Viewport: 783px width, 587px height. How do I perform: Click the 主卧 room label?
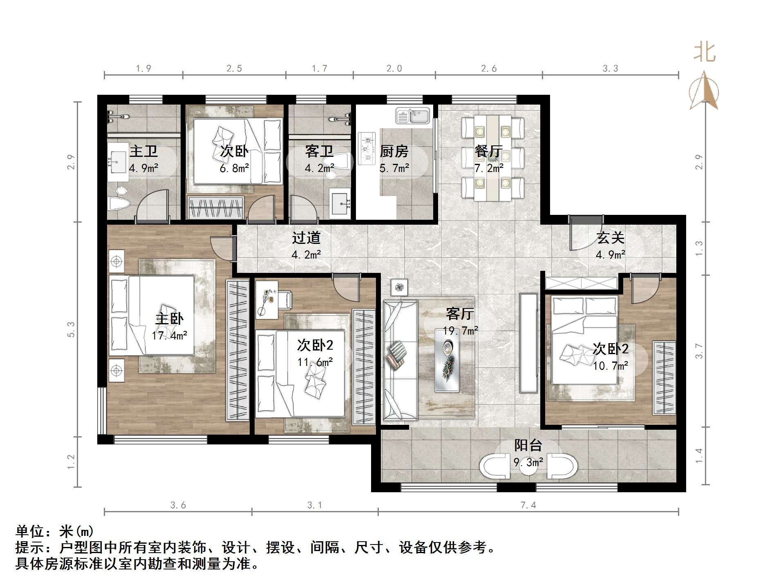169,319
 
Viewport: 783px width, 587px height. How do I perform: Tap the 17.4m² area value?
169,336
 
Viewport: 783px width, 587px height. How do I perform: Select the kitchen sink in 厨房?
412,116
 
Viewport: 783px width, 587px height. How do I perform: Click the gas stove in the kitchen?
367,148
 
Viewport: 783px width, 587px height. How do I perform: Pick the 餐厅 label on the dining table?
488,151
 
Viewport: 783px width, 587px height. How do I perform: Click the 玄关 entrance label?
610,237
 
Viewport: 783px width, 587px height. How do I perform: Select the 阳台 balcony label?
528,445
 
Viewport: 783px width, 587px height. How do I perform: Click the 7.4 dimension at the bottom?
528,505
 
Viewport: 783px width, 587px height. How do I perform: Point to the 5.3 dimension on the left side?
71,329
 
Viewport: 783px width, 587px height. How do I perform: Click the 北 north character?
705,53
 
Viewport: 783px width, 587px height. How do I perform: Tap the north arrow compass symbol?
704,92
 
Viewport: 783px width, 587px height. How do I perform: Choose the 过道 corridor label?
306,237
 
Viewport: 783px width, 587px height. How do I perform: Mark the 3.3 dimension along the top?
610,69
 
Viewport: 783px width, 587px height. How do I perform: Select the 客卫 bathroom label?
319,151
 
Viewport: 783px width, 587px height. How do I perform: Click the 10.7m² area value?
610,366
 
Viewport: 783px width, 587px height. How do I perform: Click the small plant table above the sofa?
399,287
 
